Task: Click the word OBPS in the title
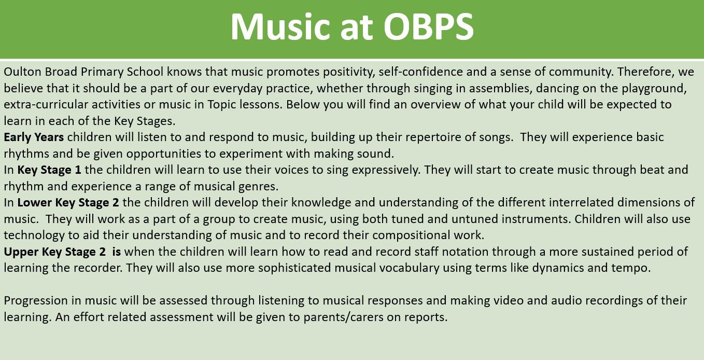pyautogui.click(x=428, y=27)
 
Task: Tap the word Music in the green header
pyautogui.click(x=280, y=27)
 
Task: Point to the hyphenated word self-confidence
pyautogui.click(x=420, y=72)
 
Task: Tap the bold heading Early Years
pyautogui.click(x=34, y=137)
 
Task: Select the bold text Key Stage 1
pyautogui.click(x=49, y=170)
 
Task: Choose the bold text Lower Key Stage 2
pyautogui.click(x=68, y=203)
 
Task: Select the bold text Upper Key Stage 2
pyautogui.click(x=54, y=252)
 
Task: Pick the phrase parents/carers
pyautogui.click(x=343, y=317)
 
